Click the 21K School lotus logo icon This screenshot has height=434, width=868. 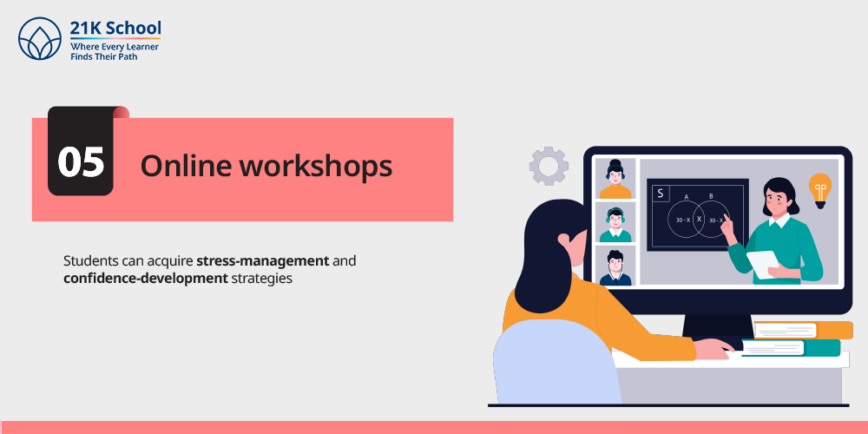(x=40, y=38)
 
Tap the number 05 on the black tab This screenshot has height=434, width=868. (x=81, y=162)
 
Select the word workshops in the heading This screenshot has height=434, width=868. (x=314, y=166)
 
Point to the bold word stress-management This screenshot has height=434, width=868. (x=263, y=260)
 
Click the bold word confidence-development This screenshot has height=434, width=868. (x=146, y=278)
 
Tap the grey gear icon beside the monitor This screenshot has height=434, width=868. (x=549, y=166)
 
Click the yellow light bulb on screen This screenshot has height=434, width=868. (x=820, y=190)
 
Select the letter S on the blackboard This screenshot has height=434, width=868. (x=660, y=194)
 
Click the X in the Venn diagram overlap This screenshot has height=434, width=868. (x=699, y=220)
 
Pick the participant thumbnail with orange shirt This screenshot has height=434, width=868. (x=615, y=178)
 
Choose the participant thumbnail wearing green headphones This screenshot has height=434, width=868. (x=615, y=222)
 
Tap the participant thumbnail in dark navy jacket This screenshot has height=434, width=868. (x=615, y=266)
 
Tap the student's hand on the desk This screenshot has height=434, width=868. (x=715, y=349)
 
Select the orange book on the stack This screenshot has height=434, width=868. (x=803, y=330)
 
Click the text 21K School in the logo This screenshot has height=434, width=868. (x=115, y=28)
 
